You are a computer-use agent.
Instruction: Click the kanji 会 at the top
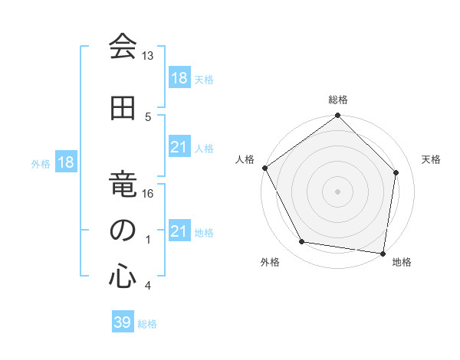(122, 47)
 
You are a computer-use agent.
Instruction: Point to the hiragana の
(122, 231)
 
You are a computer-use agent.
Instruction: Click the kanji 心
(122, 275)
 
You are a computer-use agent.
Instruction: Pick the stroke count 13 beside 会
(147, 56)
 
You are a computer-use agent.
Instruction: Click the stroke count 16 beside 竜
(148, 193)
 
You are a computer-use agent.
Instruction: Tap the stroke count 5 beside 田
(148, 116)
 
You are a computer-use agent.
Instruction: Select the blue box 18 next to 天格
(179, 78)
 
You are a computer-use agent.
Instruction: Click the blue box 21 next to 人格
(179, 147)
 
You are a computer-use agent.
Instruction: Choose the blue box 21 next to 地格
(179, 231)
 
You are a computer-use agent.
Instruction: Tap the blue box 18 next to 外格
(65, 163)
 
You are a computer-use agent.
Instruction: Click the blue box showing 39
(122, 322)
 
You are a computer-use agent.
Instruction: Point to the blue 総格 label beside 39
(147, 324)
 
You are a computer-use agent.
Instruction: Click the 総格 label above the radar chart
(338, 100)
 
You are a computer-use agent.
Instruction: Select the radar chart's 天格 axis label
(431, 159)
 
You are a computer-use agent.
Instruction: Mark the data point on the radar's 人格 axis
(264, 168)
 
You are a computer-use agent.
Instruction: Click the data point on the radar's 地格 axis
(383, 253)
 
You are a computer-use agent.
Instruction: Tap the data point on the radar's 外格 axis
(302, 242)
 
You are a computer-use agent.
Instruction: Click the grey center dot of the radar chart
(338, 191)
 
